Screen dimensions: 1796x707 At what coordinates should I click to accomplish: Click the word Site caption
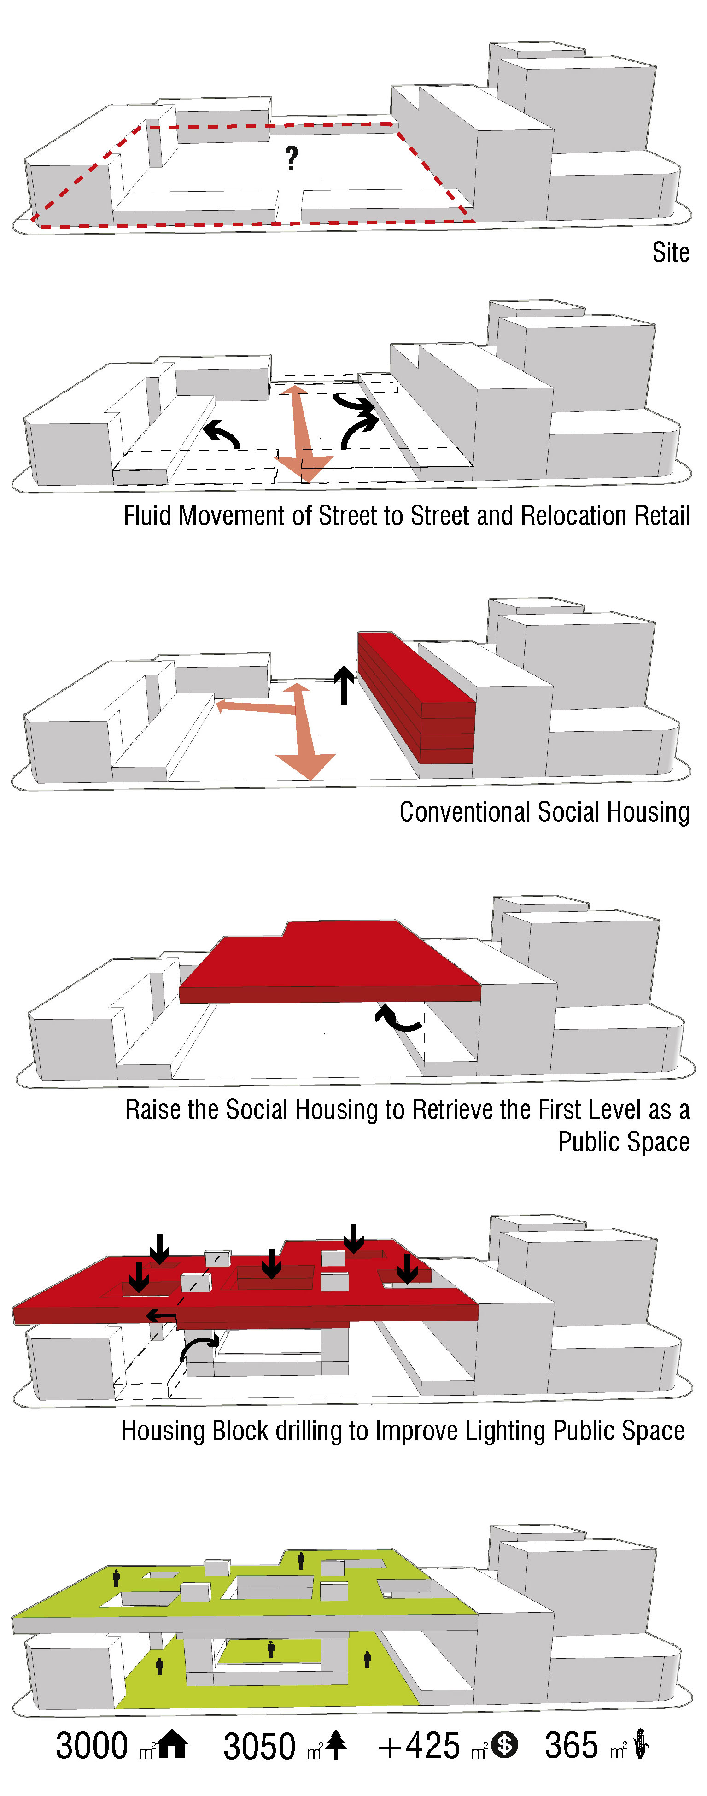tap(670, 252)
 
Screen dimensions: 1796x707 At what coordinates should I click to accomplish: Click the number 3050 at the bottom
tap(259, 1747)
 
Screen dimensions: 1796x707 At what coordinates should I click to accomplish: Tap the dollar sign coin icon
tap(504, 1745)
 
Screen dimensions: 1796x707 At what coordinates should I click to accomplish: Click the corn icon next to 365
tap(641, 1745)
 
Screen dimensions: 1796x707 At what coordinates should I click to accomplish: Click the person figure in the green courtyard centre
tap(270, 1649)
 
